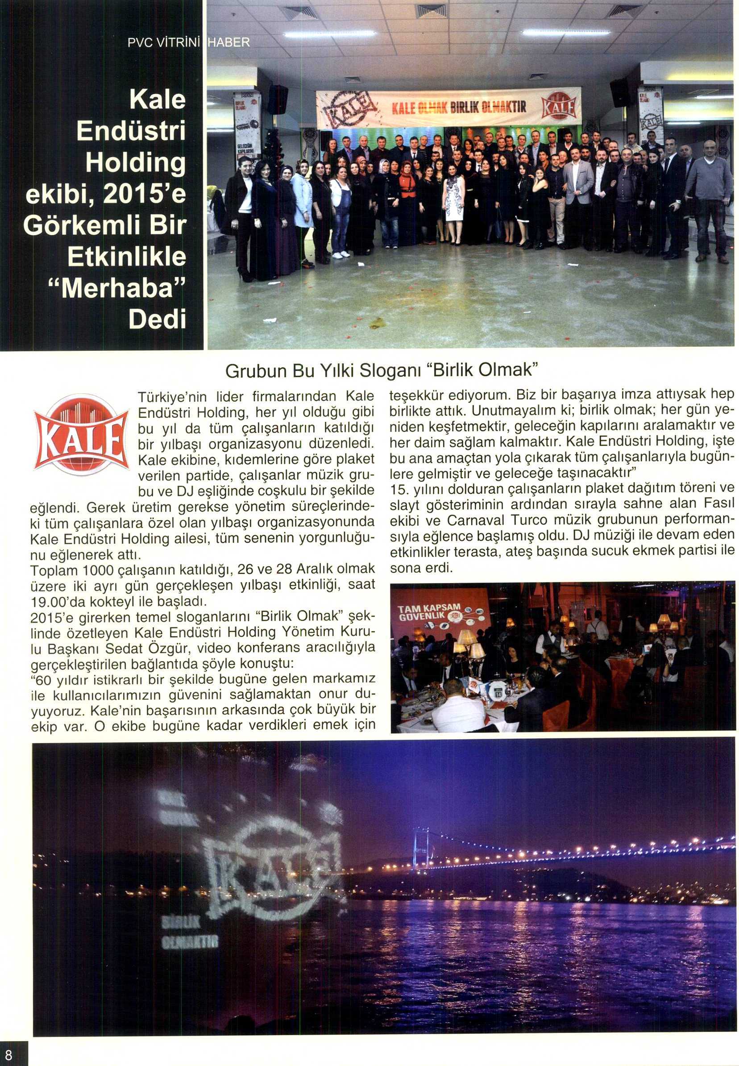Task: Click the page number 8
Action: [x=9, y=1054]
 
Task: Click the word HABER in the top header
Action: [x=230, y=42]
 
